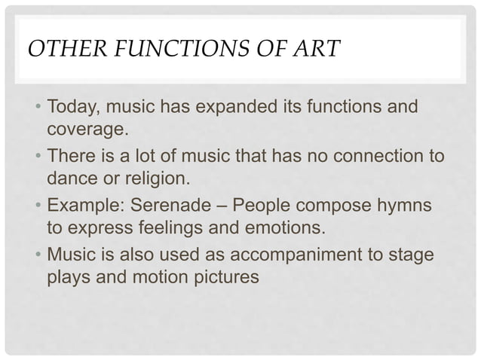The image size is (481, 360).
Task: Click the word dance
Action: tap(71, 178)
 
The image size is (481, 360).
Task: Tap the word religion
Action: tap(159, 178)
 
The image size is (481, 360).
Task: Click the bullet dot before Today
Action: tap(37, 110)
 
